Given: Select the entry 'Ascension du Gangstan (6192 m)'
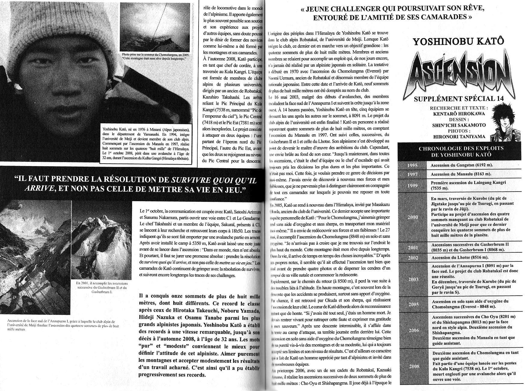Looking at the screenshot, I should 461,165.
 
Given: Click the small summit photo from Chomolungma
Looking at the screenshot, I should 155,27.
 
